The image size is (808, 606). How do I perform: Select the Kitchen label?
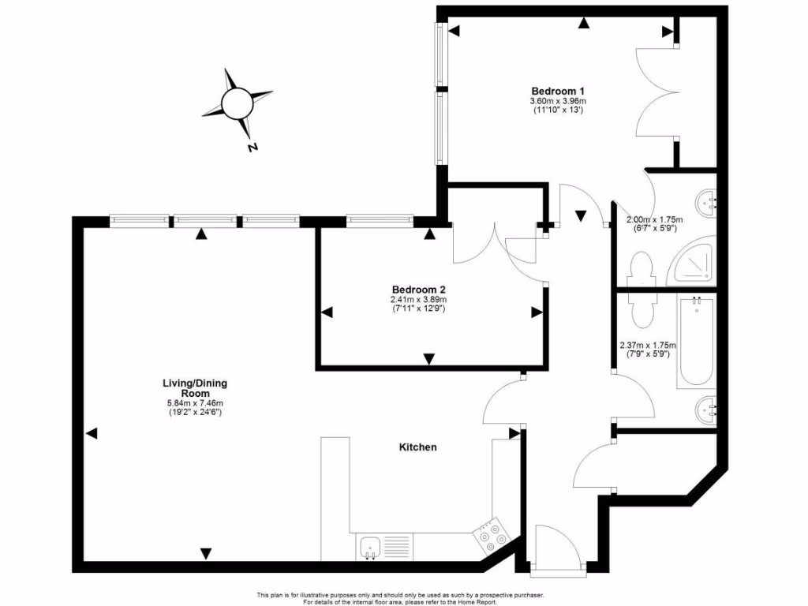417,447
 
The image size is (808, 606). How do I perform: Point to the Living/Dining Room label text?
194,388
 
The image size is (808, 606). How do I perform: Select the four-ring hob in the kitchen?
492,536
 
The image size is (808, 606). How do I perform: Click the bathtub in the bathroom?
696,341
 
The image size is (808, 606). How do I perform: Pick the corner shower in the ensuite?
694,264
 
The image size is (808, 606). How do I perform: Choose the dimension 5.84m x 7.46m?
194,404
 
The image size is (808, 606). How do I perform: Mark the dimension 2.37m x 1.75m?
649,346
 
